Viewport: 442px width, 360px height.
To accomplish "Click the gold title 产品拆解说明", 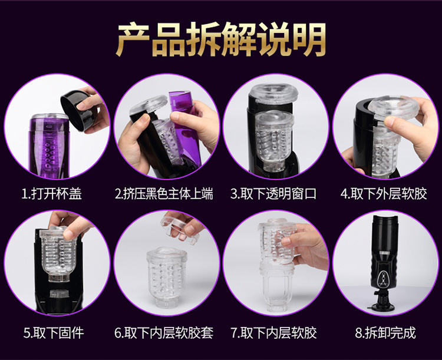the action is (221, 39).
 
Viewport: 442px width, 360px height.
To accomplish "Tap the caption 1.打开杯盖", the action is (52, 194).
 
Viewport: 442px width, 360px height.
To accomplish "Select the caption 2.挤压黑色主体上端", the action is (164, 194).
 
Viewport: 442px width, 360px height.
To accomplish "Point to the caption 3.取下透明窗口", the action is (273, 194).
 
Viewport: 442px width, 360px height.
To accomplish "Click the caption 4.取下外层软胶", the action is (384, 194).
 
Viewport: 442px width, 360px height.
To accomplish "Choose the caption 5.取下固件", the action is (54, 333).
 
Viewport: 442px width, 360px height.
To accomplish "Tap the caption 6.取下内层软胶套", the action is (164, 333).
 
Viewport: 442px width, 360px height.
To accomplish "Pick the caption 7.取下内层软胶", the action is (273, 333).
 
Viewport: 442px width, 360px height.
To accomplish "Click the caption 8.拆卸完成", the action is (385, 333).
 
